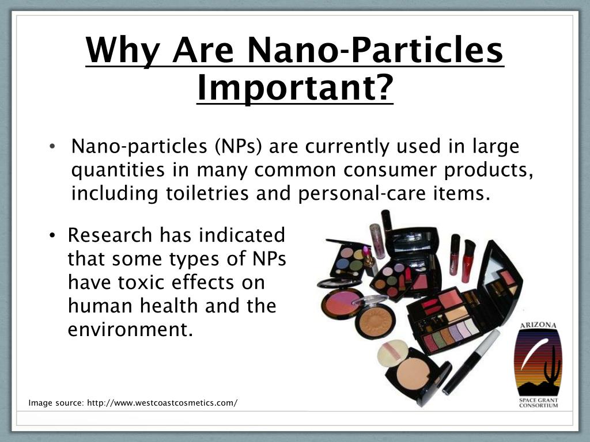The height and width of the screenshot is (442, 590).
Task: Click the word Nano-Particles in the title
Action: [x=376, y=49]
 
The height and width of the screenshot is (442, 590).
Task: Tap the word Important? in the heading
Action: [x=295, y=87]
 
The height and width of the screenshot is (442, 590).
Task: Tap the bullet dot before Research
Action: [x=52, y=235]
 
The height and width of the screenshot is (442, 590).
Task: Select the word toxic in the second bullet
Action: [x=141, y=283]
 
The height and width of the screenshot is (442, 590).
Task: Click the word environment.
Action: [x=130, y=330]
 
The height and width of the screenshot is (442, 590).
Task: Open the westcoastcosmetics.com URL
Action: [x=162, y=403]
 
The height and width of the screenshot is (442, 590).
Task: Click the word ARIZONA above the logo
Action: [x=538, y=326]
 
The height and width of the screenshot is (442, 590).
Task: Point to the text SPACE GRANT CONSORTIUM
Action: [x=538, y=402]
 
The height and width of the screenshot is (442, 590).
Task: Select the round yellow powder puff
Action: [x=392, y=354]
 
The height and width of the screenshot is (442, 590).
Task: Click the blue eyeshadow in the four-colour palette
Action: [x=342, y=262]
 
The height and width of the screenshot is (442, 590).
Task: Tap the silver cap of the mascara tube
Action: [x=488, y=341]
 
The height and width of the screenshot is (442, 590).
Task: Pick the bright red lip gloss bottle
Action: [x=468, y=261]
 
